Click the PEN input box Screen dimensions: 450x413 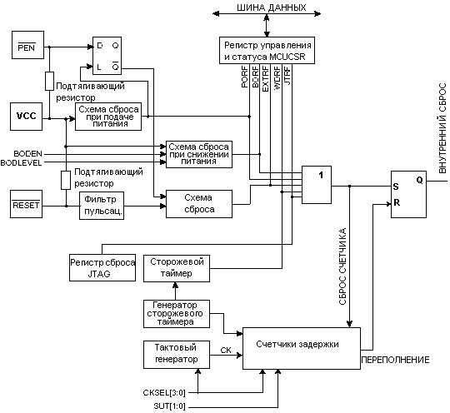27,45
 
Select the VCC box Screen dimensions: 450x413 27,117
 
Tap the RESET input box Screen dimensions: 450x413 27,204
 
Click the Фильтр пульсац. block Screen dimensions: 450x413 102,206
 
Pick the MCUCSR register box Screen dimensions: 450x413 267,50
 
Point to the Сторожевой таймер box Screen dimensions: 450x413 177,268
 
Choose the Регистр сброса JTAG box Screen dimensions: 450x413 102,267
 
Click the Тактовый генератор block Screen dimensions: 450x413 177,355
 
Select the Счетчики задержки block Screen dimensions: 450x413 302,348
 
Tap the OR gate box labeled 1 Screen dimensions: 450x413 317,185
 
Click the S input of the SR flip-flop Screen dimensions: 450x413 396,187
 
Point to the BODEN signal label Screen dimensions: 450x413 27,154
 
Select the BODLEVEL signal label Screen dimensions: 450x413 21,163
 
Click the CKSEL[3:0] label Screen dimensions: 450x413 164,392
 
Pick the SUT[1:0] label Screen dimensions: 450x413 170,406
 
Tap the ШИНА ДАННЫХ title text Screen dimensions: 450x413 272,7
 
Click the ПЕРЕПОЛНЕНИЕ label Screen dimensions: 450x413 395,360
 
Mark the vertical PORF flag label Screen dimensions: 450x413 244,77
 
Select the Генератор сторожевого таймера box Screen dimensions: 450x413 177,314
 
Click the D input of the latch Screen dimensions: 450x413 100,45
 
